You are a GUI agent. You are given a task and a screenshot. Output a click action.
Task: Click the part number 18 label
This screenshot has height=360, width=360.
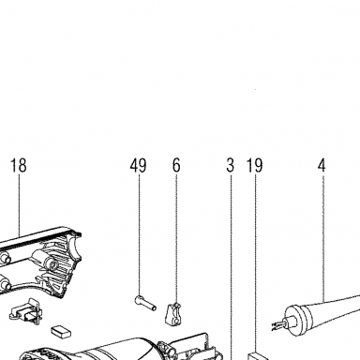[x=19, y=165]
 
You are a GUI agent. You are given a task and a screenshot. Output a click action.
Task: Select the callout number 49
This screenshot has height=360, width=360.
[x=139, y=165]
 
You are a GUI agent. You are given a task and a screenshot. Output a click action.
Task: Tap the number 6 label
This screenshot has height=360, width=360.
[x=176, y=165]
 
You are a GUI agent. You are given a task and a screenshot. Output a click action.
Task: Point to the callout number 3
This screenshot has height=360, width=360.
[x=231, y=165]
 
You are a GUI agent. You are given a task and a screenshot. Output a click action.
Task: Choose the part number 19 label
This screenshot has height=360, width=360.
[x=255, y=165]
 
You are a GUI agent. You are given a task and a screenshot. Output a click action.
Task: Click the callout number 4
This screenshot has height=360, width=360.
[x=322, y=165]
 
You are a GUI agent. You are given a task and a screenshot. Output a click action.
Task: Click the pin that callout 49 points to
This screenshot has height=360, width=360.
[x=145, y=303]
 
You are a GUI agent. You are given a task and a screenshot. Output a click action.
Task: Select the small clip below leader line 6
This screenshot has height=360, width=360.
[x=173, y=314]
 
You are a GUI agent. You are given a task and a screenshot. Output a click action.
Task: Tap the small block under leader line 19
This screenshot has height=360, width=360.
[x=259, y=356]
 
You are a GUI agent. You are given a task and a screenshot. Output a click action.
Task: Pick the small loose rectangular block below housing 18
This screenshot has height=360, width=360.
[x=61, y=332]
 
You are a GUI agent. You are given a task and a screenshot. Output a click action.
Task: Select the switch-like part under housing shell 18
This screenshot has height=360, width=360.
[x=25, y=310]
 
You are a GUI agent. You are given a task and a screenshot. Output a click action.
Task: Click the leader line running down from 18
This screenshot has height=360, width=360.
[x=19, y=205]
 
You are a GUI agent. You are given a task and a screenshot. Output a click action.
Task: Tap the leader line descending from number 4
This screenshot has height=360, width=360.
[x=322, y=237]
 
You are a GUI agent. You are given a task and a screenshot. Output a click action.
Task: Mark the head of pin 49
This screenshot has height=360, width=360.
[x=138, y=300]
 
